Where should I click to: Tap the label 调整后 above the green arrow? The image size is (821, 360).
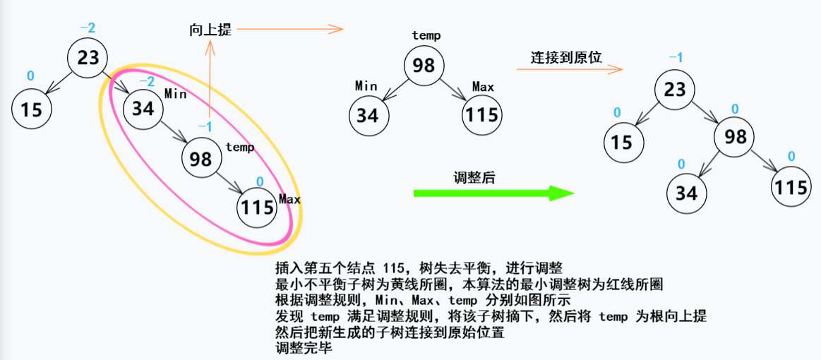pyautogui.click(x=474, y=177)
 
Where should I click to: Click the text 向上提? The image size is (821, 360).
pyautogui.click(x=210, y=30)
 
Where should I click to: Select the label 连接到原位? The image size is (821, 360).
pyautogui.click(x=566, y=57)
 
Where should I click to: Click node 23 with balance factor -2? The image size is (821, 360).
pyautogui.click(x=88, y=56)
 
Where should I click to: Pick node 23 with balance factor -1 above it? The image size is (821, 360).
pyautogui.click(x=676, y=89)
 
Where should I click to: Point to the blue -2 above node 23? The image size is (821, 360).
pyautogui.click(x=88, y=28)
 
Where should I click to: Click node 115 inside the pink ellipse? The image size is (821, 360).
pyautogui.click(x=257, y=207)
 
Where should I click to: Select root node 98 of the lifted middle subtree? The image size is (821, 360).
pyautogui.click(x=424, y=66)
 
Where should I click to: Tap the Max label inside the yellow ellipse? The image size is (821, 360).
pyautogui.click(x=289, y=199)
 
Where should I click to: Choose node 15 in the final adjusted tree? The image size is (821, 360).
pyautogui.click(x=622, y=142)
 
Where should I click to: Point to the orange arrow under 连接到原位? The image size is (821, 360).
pyautogui.click(x=569, y=69)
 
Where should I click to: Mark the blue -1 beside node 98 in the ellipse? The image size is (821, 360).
pyautogui.click(x=205, y=126)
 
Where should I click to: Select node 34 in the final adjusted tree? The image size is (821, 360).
pyautogui.click(x=686, y=193)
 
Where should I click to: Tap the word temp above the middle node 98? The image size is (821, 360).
pyautogui.click(x=426, y=35)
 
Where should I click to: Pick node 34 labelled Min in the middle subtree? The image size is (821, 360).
pyautogui.click(x=368, y=114)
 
